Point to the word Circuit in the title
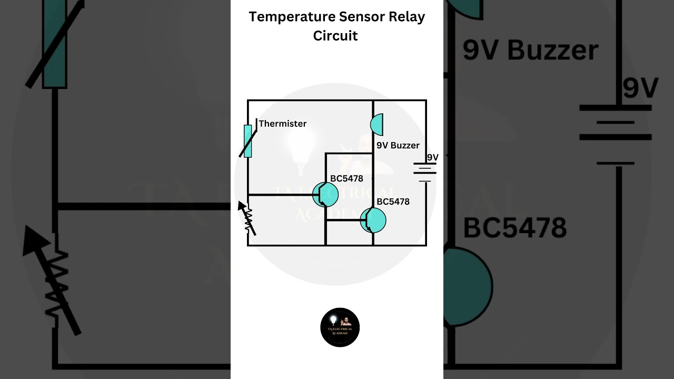335,36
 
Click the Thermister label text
283,124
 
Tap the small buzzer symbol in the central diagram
376,125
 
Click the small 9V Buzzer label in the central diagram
398,145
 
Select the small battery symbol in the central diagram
425,172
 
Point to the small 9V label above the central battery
432,157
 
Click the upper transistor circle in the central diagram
325,194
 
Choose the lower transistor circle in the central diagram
373,220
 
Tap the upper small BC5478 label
346,179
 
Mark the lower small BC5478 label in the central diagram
393,202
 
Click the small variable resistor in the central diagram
247,218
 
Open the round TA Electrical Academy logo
340,327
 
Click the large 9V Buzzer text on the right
530,51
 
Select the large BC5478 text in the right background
514,228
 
